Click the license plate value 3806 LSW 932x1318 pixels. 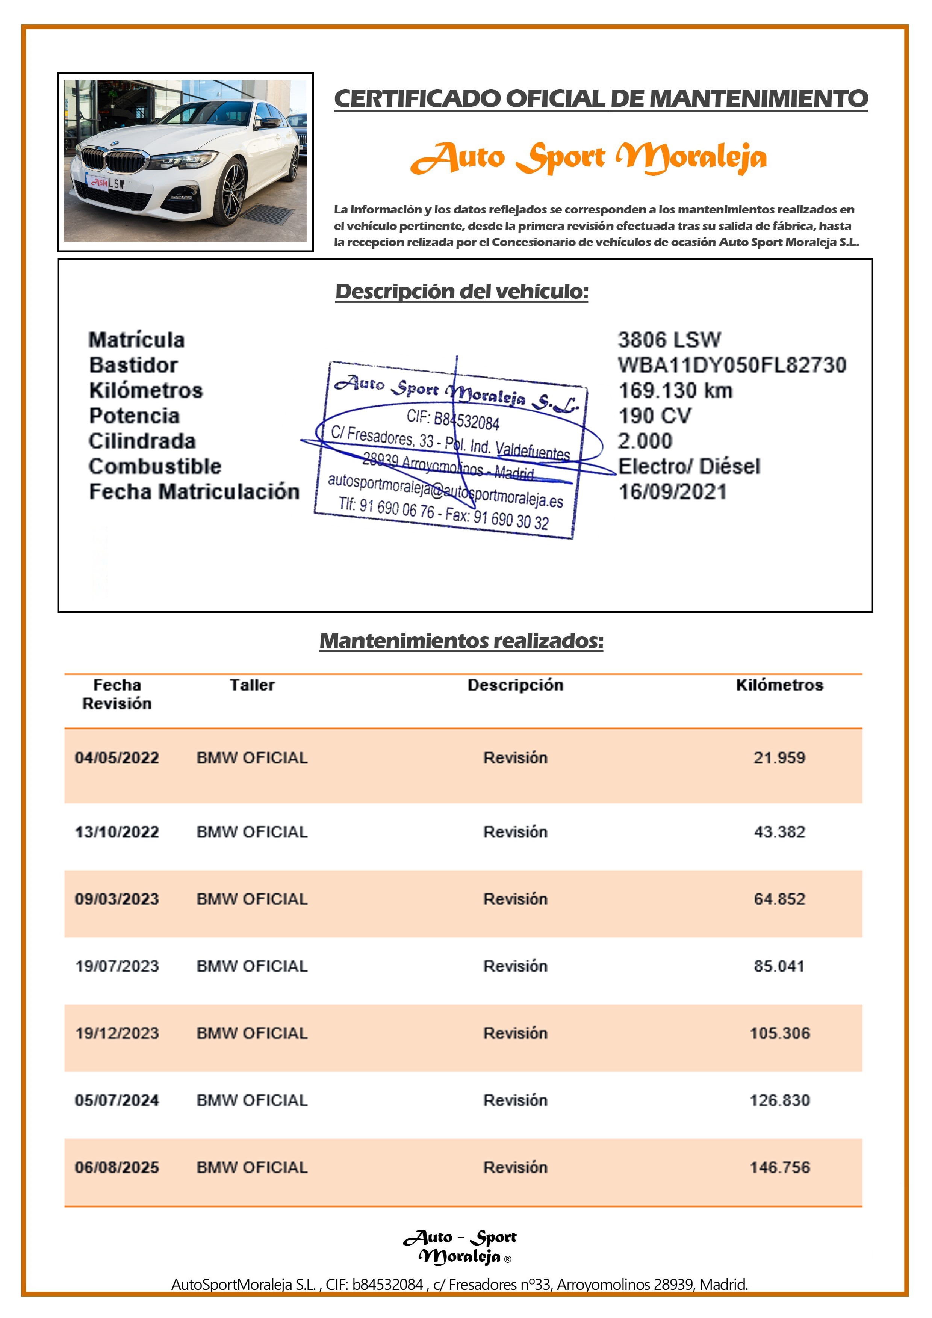click(x=669, y=340)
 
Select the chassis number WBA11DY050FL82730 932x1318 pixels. click(x=732, y=365)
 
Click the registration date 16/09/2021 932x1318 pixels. click(x=672, y=492)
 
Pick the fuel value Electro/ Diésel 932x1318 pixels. click(x=688, y=466)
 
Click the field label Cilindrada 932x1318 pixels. click(x=142, y=441)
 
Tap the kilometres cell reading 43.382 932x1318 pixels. click(x=779, y=832)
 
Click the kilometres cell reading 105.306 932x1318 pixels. click(x=779, y=1033)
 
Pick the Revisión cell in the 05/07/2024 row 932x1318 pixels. click(x=515, y=1100)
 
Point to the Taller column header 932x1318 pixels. click(x=252, y=685)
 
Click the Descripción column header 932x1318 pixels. click(x=515, y=685)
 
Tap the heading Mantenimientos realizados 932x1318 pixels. click(x=461, y=641)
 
